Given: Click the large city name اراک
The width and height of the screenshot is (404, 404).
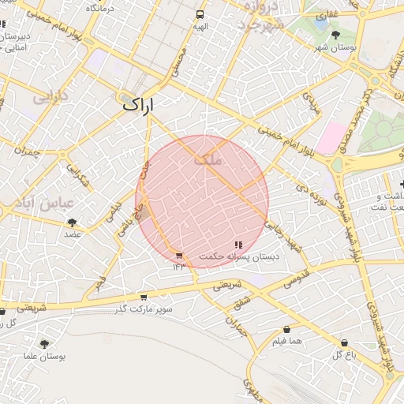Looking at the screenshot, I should (x=139, y=104).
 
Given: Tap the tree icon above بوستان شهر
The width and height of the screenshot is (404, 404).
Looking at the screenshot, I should (x=336, y=35).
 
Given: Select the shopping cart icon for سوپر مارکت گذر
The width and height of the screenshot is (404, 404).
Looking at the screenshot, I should (x=143, y=297).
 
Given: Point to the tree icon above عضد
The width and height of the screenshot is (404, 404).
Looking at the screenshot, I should (x=73, y=223).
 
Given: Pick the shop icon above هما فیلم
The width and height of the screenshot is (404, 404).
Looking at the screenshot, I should (x=286, y=329).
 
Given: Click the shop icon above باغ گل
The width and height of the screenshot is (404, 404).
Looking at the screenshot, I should (x=344, y=342).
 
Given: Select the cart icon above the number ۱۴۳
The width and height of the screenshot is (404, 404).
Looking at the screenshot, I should (x=179, y=255).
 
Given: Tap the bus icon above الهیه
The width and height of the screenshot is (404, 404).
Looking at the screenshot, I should (x=200, y=14).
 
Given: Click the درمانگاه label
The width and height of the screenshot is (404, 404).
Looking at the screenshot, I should (x=100, y=8).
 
